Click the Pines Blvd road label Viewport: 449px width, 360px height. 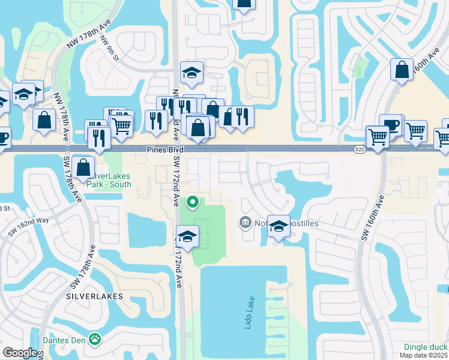click(164, 149)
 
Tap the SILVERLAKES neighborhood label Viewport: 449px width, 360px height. click(95, 296)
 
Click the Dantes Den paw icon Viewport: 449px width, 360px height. click(95, 340)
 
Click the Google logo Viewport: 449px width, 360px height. click(20, 353)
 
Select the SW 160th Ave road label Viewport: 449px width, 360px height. click(373, 218)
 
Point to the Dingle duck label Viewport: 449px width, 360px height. click(426, 347)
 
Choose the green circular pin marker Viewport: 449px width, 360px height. click(193, 202)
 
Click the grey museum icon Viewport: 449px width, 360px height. click(245, 223)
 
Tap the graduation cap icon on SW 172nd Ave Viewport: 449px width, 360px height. click(188, 235)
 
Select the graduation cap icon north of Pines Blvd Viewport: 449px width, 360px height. click(191, 72)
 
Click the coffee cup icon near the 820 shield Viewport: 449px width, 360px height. click(391, 125)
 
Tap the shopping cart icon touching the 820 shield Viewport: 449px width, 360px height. click(378, 136)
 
